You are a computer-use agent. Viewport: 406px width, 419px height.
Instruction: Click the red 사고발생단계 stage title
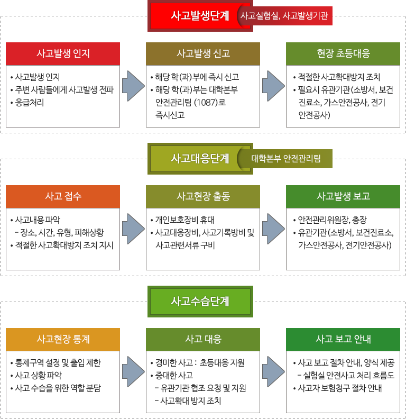200,16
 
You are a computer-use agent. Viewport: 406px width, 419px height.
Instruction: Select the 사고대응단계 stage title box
200,159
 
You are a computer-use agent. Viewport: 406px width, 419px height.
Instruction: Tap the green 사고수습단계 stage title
200,302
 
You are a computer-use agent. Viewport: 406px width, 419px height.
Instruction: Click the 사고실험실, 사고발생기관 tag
285,16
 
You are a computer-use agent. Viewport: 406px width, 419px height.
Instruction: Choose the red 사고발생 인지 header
63,54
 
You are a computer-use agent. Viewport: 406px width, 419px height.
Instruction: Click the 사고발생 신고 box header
203,54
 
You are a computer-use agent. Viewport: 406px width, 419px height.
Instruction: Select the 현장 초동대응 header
343,54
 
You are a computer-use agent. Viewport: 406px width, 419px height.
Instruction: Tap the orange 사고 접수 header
63,197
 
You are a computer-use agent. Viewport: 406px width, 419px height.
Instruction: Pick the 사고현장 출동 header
203,197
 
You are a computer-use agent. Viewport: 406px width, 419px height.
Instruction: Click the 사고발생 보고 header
343,197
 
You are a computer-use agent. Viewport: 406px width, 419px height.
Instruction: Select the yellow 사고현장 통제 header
63,339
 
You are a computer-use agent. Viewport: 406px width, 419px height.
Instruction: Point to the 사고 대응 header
203,339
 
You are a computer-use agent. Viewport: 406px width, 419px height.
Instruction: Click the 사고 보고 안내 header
343,339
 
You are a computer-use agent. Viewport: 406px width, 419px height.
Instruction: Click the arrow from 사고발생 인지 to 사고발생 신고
133,86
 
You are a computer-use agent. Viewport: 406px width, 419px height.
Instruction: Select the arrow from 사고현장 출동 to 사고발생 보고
273,229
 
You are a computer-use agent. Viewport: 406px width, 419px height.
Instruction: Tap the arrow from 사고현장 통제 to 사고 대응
133,372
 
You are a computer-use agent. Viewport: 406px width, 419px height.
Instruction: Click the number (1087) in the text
207,102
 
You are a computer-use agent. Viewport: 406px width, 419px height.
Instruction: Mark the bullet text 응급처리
30,102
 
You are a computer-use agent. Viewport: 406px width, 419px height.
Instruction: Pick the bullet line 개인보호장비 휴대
185,220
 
